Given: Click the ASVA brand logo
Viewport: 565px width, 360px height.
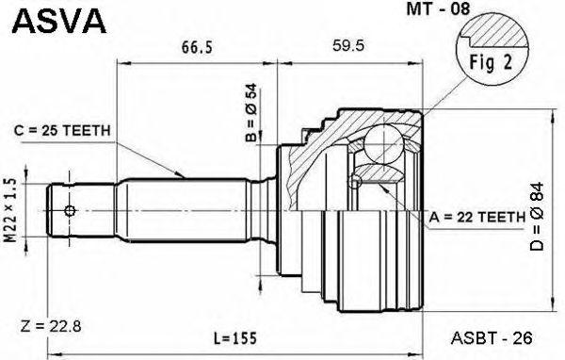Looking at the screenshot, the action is point(59,22).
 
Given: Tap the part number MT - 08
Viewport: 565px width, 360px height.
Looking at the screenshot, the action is point(438,8).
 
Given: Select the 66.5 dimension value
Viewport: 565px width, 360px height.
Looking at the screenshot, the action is point(197,47).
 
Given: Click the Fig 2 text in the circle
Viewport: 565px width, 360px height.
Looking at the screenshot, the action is point(491,62).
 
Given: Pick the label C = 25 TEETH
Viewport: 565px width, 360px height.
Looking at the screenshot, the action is point(62,131).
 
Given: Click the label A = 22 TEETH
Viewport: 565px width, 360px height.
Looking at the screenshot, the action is point(477,217).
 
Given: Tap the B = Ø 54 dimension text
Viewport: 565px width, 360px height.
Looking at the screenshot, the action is point(251,112).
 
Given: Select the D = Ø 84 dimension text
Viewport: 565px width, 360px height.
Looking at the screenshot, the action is point(537,217).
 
